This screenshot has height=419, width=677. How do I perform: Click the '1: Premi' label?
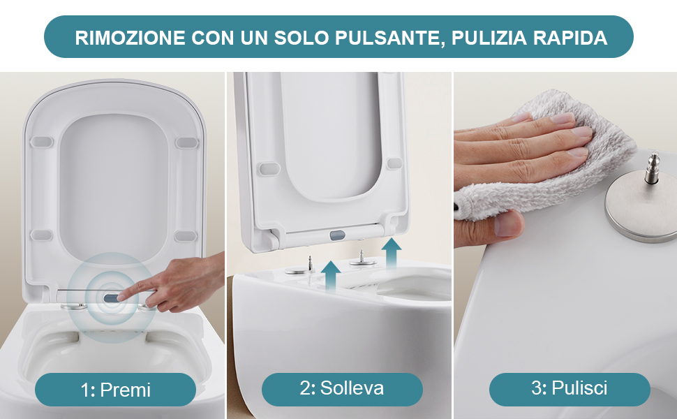tap(115, 389)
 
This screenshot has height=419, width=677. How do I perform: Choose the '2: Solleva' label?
tap(342, 388)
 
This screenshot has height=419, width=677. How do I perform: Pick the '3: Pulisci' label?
tap(570, 388)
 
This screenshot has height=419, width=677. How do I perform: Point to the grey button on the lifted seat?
tap(336, 235)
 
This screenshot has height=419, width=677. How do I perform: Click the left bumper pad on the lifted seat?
tap(265, 168)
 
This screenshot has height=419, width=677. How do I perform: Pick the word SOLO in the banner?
tap(298, 38)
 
